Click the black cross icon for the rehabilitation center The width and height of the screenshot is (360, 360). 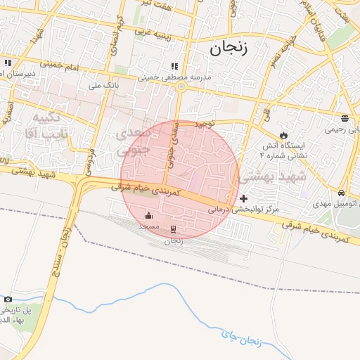pyautogui.click(x=244, y=199)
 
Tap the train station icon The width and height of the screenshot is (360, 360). pyautogui.click(x=173, y=228)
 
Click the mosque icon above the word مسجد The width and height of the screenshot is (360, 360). pyautogui.click(x=148, y=215)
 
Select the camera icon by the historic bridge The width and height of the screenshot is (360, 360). pyautogui.click(x=8, y=299)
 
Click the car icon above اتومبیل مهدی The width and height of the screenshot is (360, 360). pyautogui.click(x=341, y=193)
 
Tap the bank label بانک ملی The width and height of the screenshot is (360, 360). pyautogui.click(x=99, y=85)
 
